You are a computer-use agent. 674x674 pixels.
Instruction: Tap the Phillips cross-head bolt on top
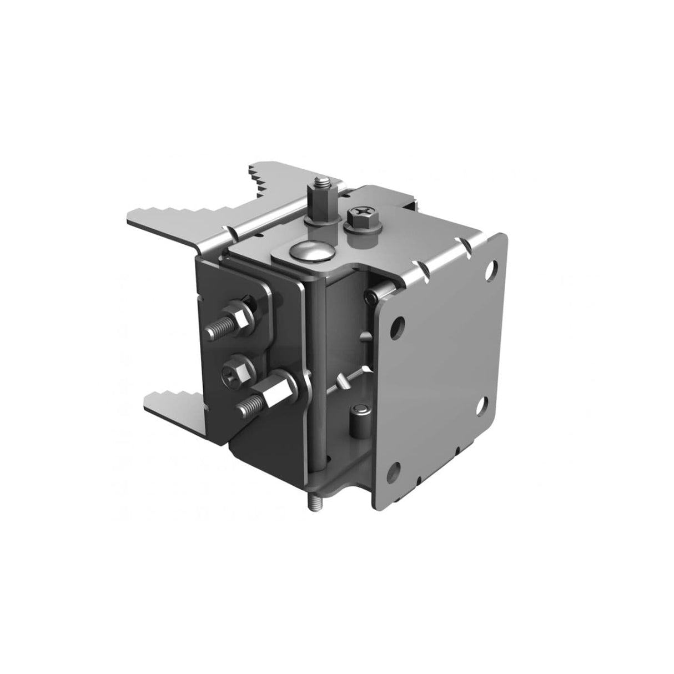tap(356, 213)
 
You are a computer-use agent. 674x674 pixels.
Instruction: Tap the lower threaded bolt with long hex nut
tap(250, 409)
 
